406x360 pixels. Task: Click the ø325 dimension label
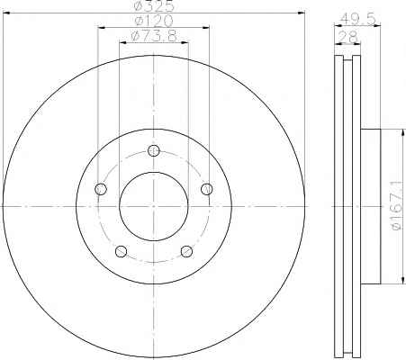coord(154,5)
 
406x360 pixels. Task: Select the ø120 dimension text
coord(154,21)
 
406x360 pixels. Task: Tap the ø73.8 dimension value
coord(154,36)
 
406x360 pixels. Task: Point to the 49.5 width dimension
coord(357,20)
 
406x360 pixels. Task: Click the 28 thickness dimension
coord(347,37)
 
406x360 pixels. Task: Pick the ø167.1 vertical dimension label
coord(397,206)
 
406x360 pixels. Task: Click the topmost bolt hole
coord(154,150)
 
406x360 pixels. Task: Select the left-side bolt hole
coord(101,189)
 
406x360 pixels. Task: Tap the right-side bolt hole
coord(207,189)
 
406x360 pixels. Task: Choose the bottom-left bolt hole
coord(121,251)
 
